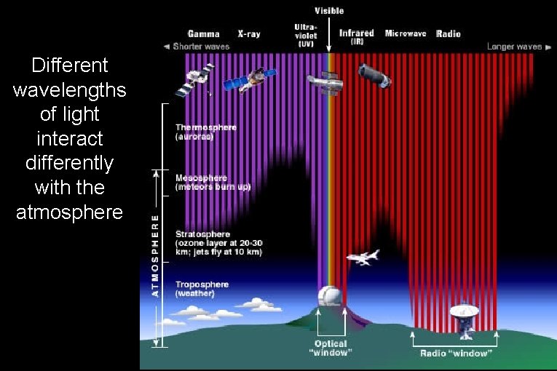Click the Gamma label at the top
pos(203,34)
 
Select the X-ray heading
pos(249,34)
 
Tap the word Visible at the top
pos(329,11)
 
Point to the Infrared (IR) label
pos(357,36)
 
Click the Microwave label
pos(406,34)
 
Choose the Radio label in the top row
pos(449,34)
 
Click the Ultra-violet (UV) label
pos(306,35)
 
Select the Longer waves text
pos(514,47)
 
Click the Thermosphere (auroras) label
pos(206,132)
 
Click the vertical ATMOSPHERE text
pos(154,255)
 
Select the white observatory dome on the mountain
pos(331,297)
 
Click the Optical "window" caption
pos(331,348)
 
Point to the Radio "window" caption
pos(456,354)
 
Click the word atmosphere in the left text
pos(70,212)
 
